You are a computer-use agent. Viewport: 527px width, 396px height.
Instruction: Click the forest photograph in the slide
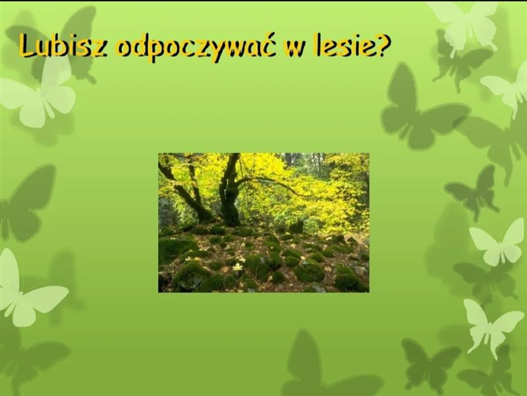click(x=264, y=222)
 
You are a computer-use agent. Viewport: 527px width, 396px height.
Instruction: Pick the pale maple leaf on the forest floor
click(x=238, y=267)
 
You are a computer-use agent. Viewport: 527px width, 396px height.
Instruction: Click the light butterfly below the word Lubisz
click(x=39, y=94)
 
